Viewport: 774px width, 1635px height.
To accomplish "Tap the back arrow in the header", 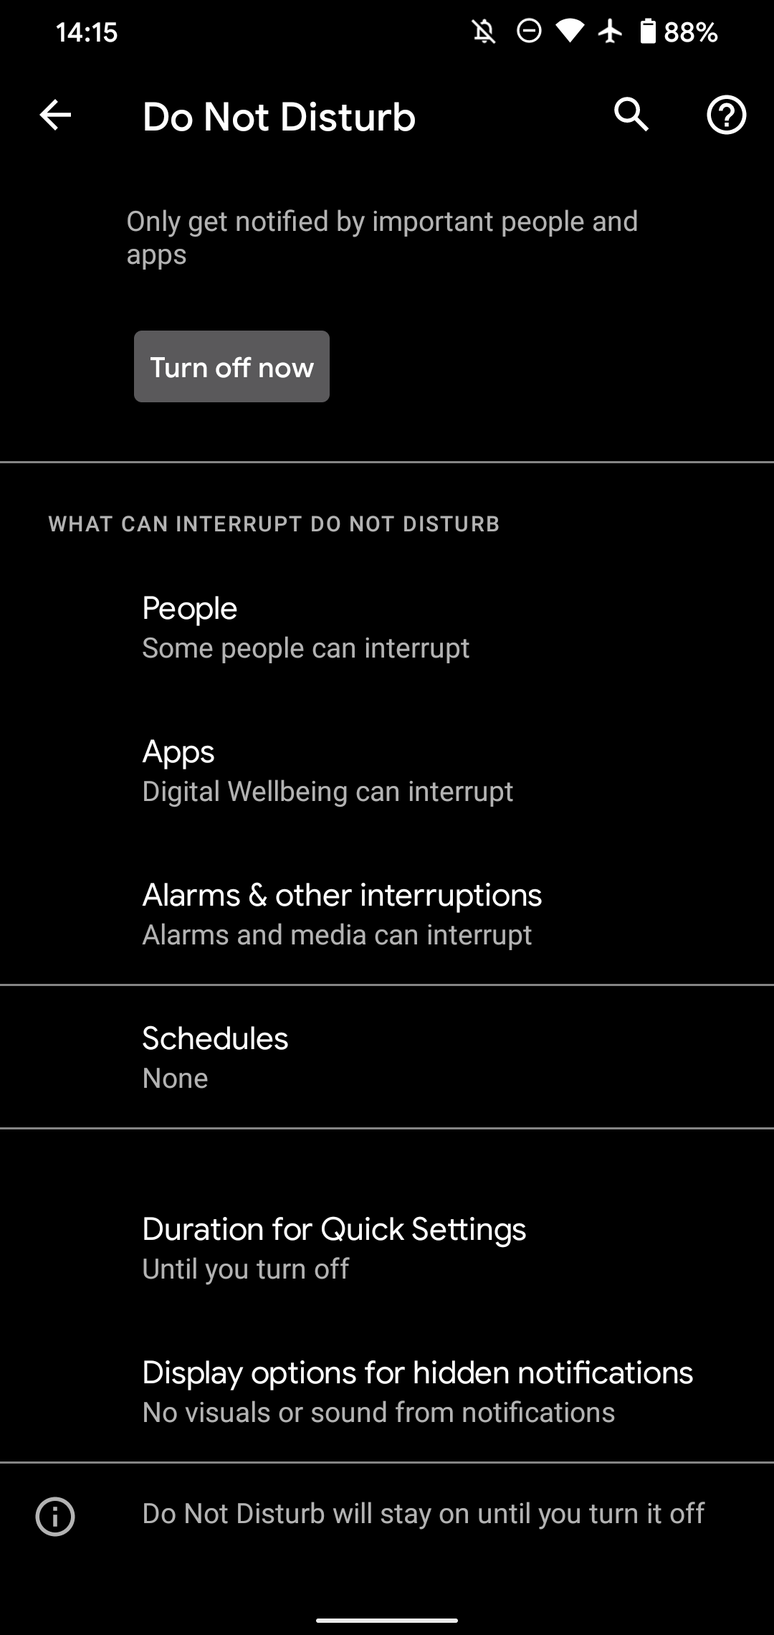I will pos(55,115).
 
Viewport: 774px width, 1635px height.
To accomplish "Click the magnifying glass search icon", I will pos(631,115).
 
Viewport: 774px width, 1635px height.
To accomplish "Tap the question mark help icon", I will pos(726,115).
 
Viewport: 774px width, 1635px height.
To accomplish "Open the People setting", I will pos(189,609).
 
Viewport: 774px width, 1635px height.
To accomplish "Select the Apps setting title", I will pos(178,752).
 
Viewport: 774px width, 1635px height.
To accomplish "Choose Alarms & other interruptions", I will pos(342,896).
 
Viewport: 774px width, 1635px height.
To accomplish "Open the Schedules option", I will pos(215,1039).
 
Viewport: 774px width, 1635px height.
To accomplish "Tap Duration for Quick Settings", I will pos(334,1230).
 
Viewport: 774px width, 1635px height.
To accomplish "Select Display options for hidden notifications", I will pos(417,1373).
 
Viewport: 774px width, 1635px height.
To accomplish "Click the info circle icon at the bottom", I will pos(55,1517).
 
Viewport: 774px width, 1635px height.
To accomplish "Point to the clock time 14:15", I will pos(87,32).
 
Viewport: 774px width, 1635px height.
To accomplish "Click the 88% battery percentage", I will pos(690,32).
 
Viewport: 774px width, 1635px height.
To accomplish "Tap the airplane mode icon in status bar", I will pos(611,32).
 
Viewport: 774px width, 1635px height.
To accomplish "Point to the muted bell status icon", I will pos(484,32).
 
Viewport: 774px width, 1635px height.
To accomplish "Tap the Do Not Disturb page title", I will pos(279,117).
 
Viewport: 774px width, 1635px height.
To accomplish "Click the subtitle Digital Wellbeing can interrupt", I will pos(328,792).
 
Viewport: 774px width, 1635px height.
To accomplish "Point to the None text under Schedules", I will pos(175,1079).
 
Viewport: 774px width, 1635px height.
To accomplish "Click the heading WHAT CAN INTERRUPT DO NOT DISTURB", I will pos(274,524).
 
